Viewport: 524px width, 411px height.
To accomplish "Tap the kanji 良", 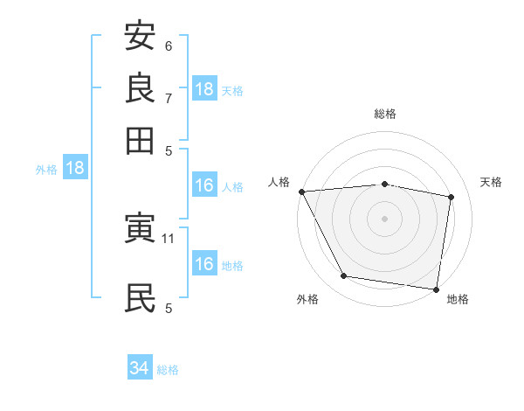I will point(140,87).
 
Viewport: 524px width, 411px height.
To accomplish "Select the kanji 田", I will point(140,139).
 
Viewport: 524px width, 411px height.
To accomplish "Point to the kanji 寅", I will point(140,230).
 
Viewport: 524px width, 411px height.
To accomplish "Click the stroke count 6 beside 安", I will point(169,45).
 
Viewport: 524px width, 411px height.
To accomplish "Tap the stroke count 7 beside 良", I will point(169,97).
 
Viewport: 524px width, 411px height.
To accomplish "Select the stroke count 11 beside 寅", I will point(169,238).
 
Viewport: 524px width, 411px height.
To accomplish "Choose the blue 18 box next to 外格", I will point(74,169).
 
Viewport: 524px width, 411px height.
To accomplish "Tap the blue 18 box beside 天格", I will point(204,89).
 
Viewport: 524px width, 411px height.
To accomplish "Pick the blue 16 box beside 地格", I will point(204,265).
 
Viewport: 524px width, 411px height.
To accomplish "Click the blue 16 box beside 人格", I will point(204,185).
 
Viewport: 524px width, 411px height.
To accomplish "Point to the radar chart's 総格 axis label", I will point(384,114).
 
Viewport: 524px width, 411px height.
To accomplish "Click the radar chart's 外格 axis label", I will point(307,300).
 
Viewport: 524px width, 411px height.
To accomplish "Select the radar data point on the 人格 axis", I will point(301,192).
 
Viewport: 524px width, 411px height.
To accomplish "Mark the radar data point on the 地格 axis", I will point(436,289).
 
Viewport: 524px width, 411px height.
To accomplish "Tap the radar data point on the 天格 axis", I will point(452,197).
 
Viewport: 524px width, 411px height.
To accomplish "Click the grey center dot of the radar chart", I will point(384,219).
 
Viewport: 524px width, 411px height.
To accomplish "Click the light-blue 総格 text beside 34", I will point(168,370).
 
